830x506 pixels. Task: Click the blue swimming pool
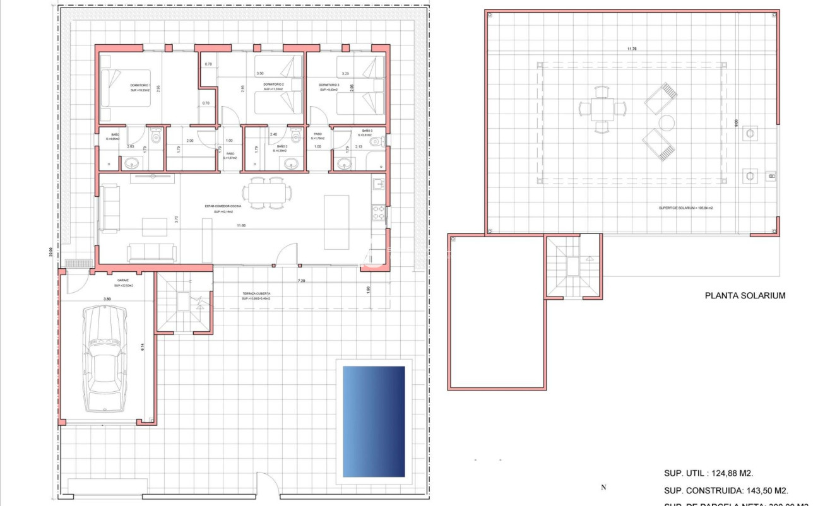(373, 421)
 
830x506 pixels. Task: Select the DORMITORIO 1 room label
(139, 85)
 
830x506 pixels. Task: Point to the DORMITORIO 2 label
(274, 85)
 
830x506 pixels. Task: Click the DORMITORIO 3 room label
(329, 85)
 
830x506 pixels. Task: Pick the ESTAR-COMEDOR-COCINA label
(222, 206)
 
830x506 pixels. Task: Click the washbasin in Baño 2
(291, 164)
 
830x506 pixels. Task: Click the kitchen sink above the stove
(379, 184)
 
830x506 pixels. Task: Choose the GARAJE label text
(123, 280)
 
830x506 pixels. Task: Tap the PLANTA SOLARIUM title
(745, 295)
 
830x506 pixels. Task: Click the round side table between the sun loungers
(666, 121)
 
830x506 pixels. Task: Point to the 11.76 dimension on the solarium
(631, 49)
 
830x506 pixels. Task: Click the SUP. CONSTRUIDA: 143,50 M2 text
(726, 490)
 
